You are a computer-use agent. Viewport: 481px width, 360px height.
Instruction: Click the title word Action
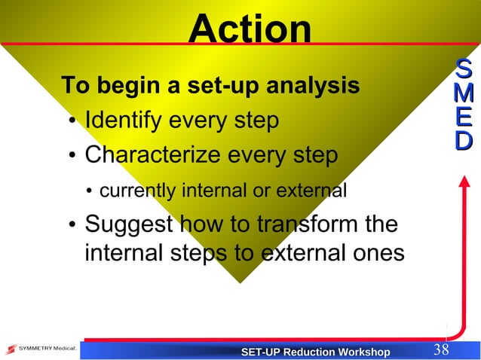tap(250, 29)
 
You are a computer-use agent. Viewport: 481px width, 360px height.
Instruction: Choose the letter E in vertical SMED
tap(465, 118)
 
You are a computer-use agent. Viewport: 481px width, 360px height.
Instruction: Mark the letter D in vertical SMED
tap(465, 141)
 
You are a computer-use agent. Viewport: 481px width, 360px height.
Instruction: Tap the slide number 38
tap(441, 350)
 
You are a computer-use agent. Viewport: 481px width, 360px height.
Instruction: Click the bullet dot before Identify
tap(70, 123)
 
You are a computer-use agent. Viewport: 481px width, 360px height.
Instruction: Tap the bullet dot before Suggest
tap(70, 227)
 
